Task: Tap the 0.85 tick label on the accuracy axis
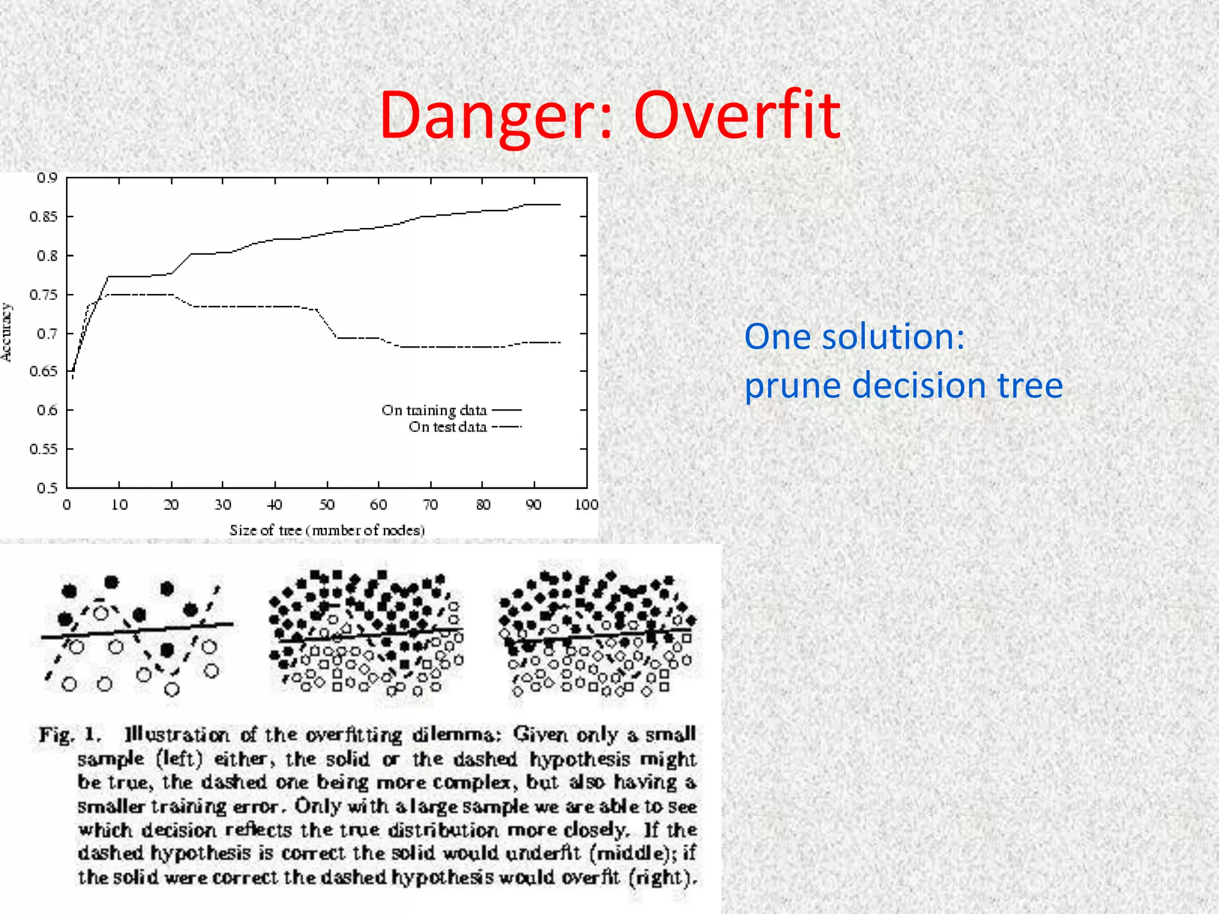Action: [x=44, y=217]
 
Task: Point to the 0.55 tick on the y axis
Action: [x=44, y=449]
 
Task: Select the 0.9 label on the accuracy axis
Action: [x=47, y=178]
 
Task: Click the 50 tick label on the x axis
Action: [x=327, y=505]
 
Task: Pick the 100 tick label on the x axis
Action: [x=586, y=505]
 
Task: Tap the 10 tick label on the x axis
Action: [x=120, y=505]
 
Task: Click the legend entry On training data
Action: [x=434, y=411]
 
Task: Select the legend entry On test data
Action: [x=448, y=427]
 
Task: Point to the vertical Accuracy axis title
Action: [x=7, y=332]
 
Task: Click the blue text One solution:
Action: [x=854, y=337]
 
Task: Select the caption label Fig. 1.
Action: [x=70, y=735]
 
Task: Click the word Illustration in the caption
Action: [x=177, y=735]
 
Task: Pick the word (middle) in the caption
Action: [x=633, y=853]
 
